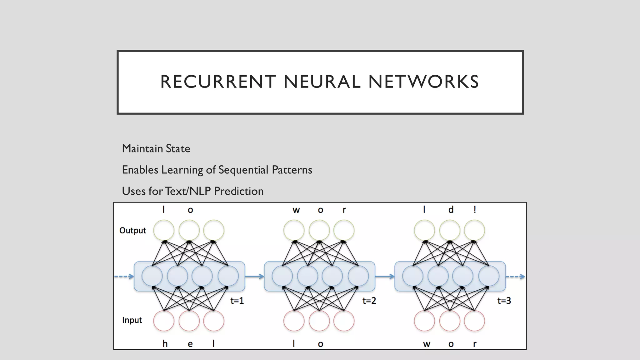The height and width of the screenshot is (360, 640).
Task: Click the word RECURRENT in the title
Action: tap(218, 82)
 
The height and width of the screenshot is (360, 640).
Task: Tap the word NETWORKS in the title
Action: tap(423, 82)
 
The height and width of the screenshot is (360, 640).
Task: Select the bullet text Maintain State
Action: tap(156, 148)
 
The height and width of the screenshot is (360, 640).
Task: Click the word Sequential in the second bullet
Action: tap(243, 170)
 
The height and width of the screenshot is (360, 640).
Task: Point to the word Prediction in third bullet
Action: tap(239, 191)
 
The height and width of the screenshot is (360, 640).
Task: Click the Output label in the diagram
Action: tap(132, 231)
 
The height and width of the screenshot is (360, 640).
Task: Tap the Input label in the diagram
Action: tap(132, 320)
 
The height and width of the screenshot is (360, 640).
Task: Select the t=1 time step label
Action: tap(237, 301)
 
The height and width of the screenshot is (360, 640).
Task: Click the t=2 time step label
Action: tap(369, 301)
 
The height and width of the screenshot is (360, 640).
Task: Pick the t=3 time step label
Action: tap(504, 301)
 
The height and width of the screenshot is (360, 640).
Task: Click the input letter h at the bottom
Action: tap(165, 344)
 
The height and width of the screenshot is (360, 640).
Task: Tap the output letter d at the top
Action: tap(451, 210)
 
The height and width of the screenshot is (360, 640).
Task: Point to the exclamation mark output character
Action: tap(475, 209)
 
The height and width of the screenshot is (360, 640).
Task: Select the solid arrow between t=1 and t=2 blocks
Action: tap(254, 276)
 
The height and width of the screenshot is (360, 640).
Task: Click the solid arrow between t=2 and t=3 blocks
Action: tap(385, 276)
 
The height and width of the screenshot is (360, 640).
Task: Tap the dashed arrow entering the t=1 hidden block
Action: tap(124, 276)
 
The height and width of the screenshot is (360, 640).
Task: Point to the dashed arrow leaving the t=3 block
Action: tap(515, 276)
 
